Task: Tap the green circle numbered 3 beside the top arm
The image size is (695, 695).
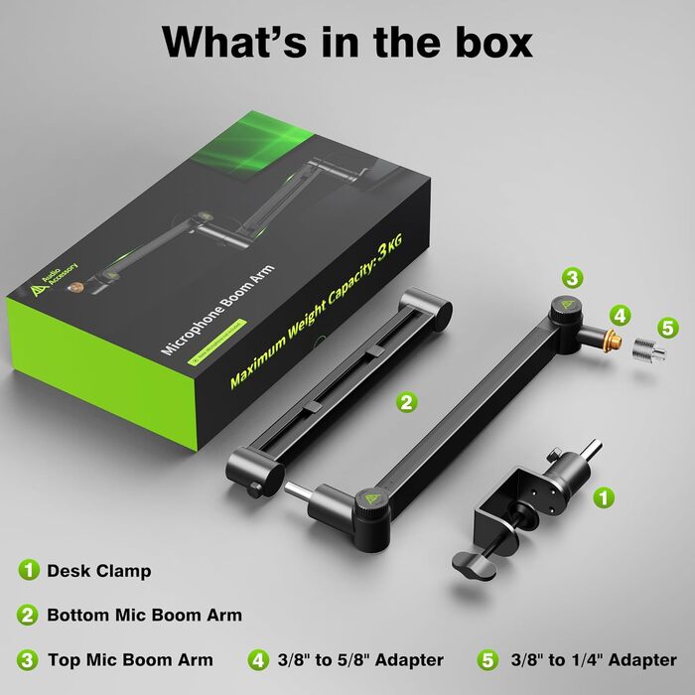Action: click(571, 278)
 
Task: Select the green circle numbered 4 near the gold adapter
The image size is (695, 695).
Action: click(620, 317)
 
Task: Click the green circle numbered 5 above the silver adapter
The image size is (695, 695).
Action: click(667, 326)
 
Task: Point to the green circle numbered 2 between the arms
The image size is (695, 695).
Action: click(405, 402)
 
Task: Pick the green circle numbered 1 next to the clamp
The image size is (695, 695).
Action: click(603, 495)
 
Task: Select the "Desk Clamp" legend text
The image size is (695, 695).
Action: click(99, 571)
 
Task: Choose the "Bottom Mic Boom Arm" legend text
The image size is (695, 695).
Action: click(144, 616)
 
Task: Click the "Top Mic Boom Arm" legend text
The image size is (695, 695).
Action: click(129, 659)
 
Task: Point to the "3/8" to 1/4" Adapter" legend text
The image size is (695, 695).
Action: click(594, 659)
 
